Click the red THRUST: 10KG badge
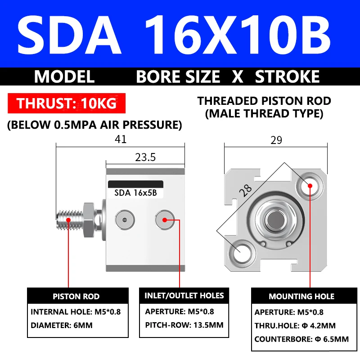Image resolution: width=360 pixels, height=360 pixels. pos(67,103)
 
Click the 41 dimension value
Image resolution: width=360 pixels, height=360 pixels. pos(121,139)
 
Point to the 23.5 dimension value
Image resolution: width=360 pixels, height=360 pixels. pos(145,157)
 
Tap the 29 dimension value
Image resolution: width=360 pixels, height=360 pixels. pos(276,140)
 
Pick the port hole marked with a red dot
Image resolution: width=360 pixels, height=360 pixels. pos(164,220)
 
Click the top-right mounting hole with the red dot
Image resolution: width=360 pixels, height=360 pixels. pos(310,185)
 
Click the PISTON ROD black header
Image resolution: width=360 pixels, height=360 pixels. pos(76,297)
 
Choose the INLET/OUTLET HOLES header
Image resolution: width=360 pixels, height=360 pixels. pos(184,296)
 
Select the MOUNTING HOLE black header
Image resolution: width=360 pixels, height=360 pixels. pos(301,297)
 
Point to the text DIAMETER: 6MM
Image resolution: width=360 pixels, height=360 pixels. pos(62,325)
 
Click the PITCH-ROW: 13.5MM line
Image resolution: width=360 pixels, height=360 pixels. pos(184,325)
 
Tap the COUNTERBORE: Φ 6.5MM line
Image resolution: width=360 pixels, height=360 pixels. pos(301,339)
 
